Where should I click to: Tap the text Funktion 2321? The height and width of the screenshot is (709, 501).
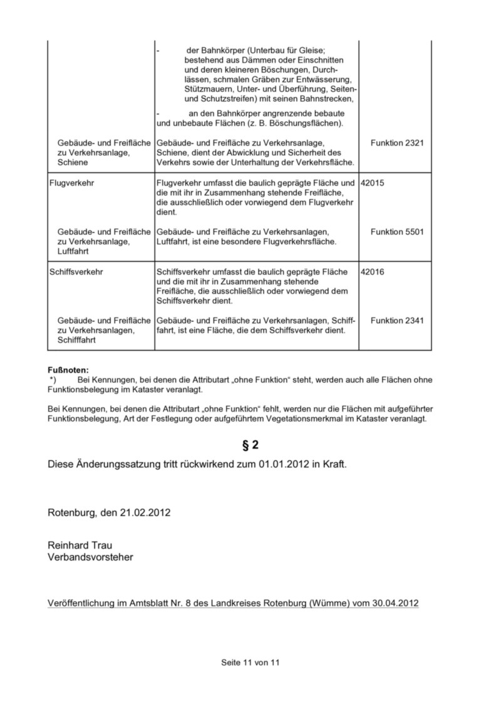point(397,143)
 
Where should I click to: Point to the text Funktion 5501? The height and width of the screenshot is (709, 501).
point(397,232)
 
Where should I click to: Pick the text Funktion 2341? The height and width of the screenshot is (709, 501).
point(397,321)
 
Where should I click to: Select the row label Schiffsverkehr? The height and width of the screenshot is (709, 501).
point(76,272)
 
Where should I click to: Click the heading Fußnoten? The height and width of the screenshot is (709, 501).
point(68,370)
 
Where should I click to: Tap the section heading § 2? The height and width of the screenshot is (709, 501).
point(250,445)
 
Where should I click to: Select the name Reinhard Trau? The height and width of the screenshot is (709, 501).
point(80,546)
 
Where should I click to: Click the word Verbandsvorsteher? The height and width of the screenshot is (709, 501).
point(90,557)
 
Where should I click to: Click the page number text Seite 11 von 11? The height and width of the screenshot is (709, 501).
point(250,662)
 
